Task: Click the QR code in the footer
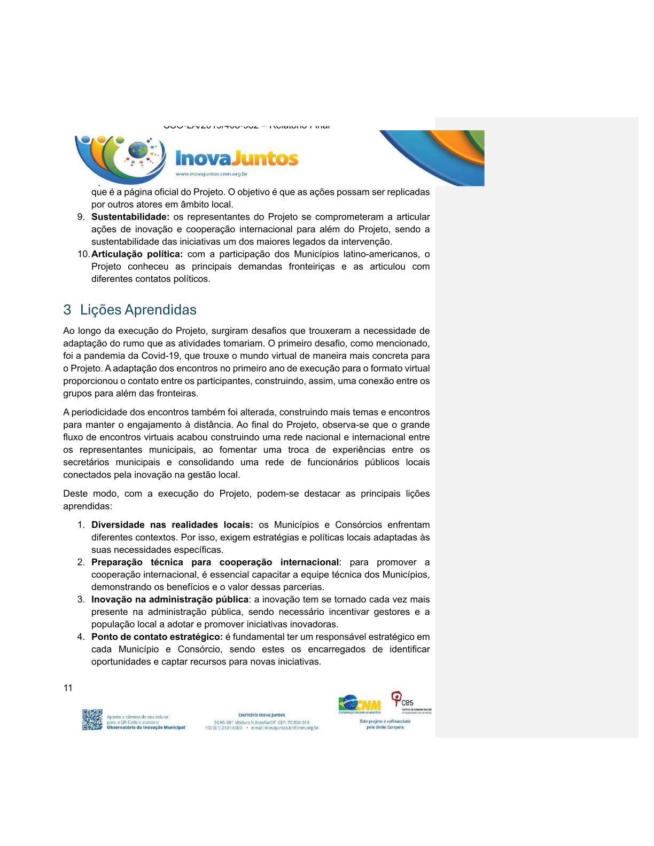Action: coord(92,719)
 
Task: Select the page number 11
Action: coord(68,688)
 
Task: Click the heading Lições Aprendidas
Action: coord(138,310)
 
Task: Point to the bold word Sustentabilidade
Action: coord(130,217)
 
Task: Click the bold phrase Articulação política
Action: coord(137,254)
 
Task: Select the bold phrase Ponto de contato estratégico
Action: coord(157,637)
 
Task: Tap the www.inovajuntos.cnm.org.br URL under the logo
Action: coord(211,174)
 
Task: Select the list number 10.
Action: coord(83,254)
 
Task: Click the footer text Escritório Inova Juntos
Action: coord(261,715)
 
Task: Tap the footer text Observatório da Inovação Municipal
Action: coord(146,727)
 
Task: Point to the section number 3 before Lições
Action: coord(67,310)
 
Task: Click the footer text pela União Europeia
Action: coord(385,727)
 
